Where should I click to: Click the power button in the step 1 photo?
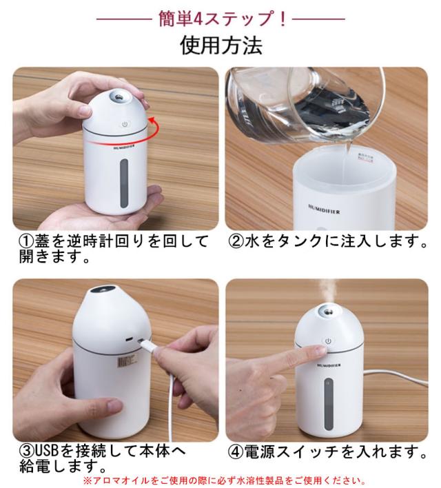pos(125,125)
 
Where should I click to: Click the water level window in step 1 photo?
pos(123,181)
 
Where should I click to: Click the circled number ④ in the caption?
pos(236,452)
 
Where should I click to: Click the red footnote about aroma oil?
pos(224,480)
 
